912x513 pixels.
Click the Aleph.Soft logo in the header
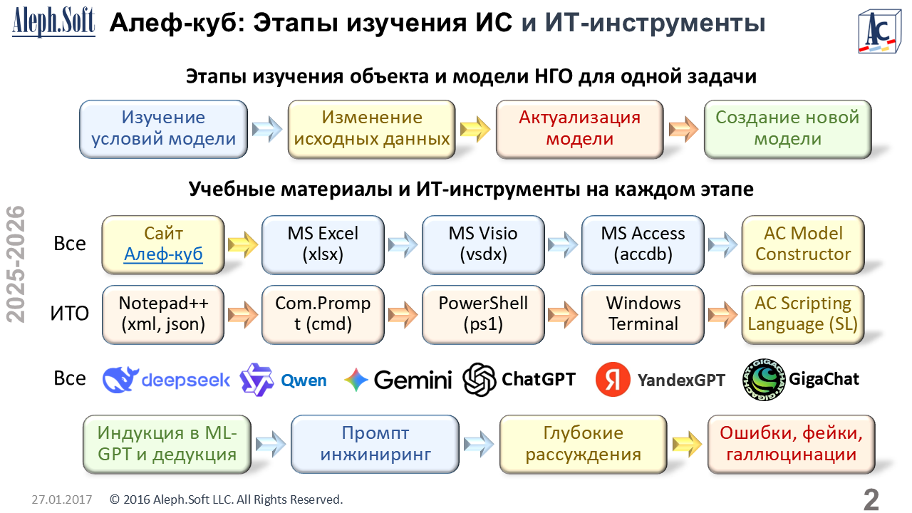point(53,22)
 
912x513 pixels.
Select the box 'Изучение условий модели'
point(163,128)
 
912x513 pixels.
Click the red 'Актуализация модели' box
point(579,128)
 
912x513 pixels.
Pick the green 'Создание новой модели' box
point(787,128)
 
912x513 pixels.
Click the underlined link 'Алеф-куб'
point(164,254)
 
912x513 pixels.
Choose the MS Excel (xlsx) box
point(323,244)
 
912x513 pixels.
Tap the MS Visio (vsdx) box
point(483,244)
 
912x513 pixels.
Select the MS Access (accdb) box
point(643,244)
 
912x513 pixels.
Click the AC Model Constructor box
point(803,244)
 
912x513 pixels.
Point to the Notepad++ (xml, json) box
point(163,313)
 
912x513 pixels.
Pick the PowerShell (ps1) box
point(483,313)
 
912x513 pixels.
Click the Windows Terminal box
point(643,313)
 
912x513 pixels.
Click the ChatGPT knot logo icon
point(480,379)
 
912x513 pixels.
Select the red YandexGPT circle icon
point(612,379)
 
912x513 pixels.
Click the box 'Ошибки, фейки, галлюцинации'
point(791,444)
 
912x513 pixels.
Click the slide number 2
point(871,499)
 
